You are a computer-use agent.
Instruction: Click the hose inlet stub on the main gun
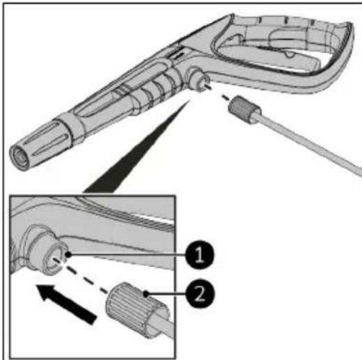pos(200,83)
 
